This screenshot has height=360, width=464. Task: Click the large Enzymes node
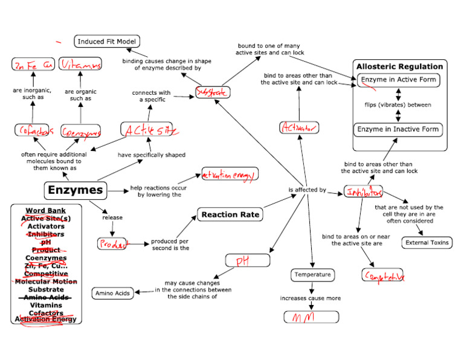pos(76,191)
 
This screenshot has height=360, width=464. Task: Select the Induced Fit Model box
pos(108,42)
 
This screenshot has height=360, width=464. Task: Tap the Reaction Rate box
pos(230,214)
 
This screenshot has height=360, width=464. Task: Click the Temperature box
pos(312,275)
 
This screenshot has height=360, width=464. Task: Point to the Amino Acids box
pos(112,294)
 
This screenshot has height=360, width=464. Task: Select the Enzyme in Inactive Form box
pos(398,129)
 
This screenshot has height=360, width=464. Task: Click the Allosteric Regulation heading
pos(399,66)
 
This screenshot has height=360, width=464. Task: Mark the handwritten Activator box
pos(299,127)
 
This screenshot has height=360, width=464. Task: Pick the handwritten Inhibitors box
pos(364,191)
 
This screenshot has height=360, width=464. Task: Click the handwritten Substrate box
pos(212,92)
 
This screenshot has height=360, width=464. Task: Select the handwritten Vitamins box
pos(81,64)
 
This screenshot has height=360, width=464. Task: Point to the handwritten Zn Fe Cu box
pos(33,64)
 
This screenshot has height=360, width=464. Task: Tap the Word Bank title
pos(46,210)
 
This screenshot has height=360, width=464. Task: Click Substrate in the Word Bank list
pos(46,289)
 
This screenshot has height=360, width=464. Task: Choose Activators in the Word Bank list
pos(46,226)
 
